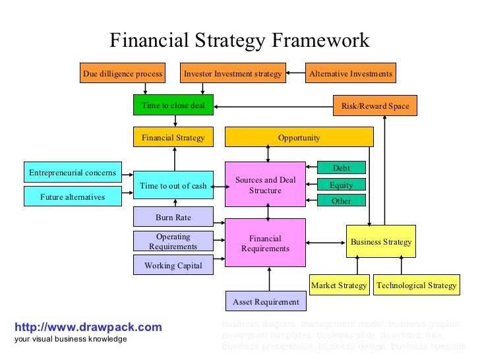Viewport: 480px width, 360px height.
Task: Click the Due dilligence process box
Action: coord(123,74)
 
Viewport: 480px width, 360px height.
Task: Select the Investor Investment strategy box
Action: coord(233,74)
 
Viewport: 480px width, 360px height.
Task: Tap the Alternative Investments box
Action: coord(351,74)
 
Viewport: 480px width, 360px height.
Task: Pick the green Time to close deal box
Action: coord(173,105)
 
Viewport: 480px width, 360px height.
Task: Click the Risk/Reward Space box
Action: coord(375,105)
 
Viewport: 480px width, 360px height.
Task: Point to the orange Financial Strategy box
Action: coord(173,138)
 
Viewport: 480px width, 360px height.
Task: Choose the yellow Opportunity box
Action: coord(299,138)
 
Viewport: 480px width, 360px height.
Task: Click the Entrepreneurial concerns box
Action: coord(73,173)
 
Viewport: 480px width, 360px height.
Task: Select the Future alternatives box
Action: coord(73,196)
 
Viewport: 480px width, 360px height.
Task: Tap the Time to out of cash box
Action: coord(173,185)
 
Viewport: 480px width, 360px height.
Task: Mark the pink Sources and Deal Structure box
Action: coord(265,185)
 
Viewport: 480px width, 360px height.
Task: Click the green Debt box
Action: coord(341,169)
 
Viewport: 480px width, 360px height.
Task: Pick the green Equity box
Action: coord(341,185)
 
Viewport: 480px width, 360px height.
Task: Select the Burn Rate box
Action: coord(173,216)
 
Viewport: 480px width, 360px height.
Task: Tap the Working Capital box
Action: coord(173,266)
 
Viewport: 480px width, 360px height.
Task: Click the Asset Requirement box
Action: coord(265,302)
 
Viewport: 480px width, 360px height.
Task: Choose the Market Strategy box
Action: coord(339,285)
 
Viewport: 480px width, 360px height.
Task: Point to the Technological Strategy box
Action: coord(416,285)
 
